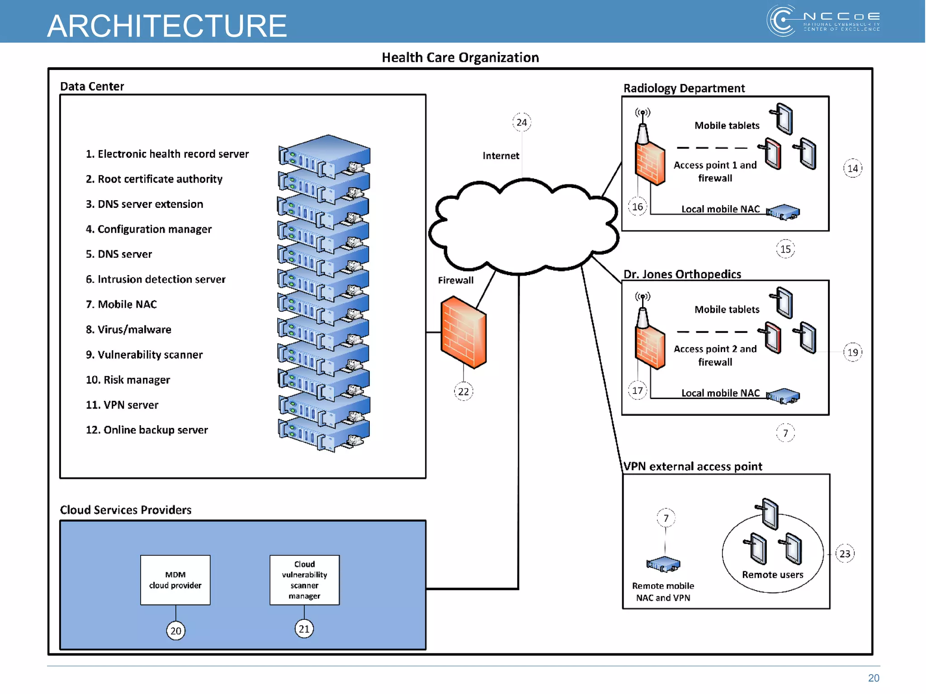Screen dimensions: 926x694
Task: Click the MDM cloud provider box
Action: tap(175, 580)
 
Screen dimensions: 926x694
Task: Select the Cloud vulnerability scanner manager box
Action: tap(305, 580)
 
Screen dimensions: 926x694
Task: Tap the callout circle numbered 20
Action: tap(176, 630)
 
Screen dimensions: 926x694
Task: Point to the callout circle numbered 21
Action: tap(304, 628)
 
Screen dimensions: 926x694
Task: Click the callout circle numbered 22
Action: tap(463, 391)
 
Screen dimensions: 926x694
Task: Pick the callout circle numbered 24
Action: tap(522, 122)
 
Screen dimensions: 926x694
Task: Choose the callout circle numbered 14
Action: tap(853, 168)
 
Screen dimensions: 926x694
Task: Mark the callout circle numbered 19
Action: tap(853, 352)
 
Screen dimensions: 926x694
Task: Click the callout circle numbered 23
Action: tap(845, 553)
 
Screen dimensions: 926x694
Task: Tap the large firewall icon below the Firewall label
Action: tap(463, 332)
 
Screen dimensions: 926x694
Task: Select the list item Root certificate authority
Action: tap(154, 179)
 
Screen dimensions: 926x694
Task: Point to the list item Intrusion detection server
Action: tap(156, 279)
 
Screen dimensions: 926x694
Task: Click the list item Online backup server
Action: tap(147, 430)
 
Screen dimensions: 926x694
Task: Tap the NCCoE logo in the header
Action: tap(823, 21)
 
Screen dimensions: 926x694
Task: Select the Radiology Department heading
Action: tap(684, 88)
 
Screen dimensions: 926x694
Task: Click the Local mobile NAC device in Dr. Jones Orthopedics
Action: tap(783, 396)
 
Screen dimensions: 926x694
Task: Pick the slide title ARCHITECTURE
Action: tap(167, 26)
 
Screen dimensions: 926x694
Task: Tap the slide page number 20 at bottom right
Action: tap(874, 678)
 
